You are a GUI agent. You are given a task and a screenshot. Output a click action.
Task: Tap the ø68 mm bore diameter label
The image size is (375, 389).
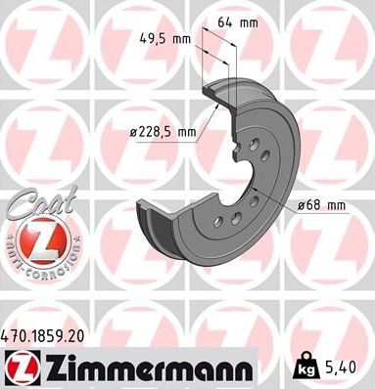tap(322, 205)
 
